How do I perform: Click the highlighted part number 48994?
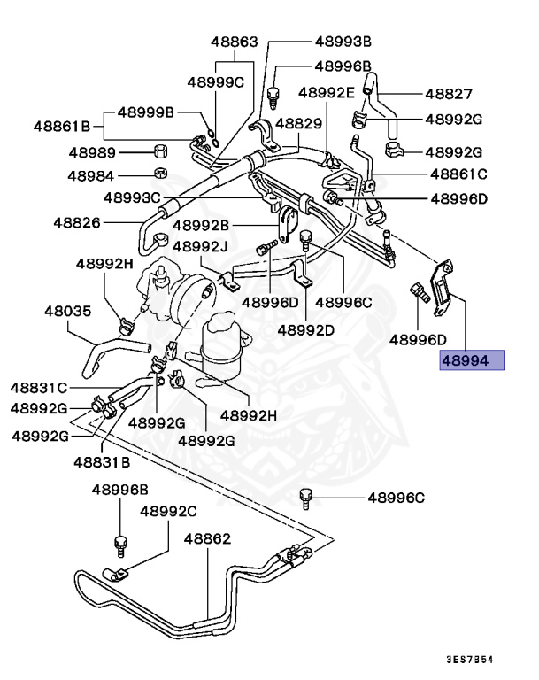tap(472, 361)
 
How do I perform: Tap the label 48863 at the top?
tap(234, 42)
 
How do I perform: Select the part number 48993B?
tap(343, 42)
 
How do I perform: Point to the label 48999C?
tap(214, 82)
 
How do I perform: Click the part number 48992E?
tap(326, 92)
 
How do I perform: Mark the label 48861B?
tap(63, 127)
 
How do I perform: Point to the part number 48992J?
tap(200, 245)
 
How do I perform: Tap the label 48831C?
tap(39, 387)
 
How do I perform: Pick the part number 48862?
tap(207, 538)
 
